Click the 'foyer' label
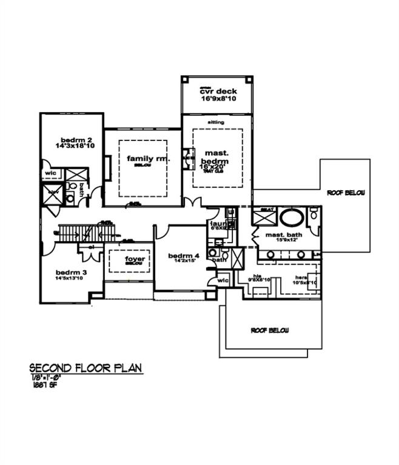135,259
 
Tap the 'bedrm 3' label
71,272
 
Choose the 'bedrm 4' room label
180,256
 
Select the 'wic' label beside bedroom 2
50,173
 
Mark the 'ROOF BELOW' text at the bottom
270,331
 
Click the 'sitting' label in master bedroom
216,122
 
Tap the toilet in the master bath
312,215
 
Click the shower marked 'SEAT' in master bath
267,216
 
